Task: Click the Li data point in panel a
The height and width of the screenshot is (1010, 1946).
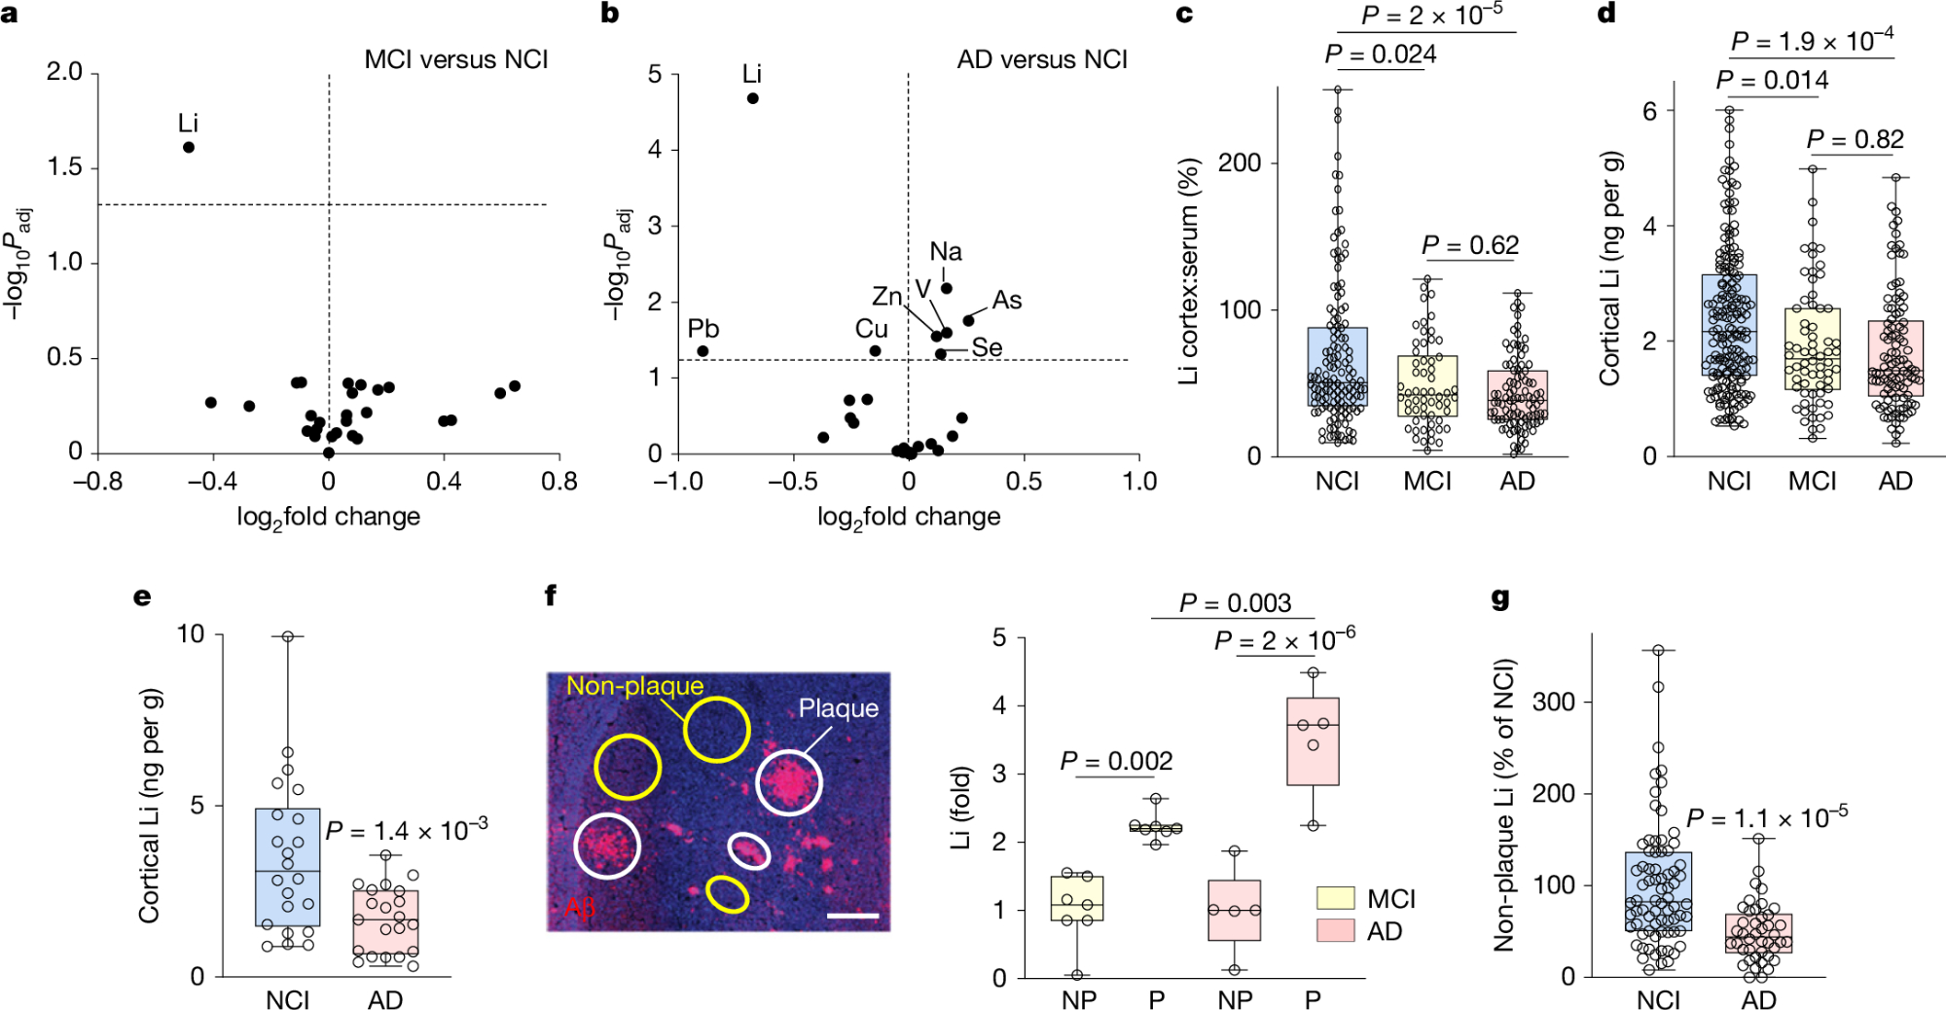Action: [189, 147]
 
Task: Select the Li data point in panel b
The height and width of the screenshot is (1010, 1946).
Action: [752, 98]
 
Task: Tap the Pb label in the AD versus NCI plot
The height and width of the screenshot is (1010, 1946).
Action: [703, 329]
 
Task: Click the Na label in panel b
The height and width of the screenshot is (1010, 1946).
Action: [945, 252]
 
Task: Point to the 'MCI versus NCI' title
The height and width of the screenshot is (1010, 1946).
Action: [455, 60]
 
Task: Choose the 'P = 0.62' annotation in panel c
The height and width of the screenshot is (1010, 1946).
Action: [1469, 245]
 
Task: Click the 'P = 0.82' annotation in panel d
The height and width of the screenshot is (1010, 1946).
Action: [1855, 140]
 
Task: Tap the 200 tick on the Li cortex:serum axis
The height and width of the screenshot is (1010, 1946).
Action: [1240, 163]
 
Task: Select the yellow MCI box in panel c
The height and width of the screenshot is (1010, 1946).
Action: [1426, 385]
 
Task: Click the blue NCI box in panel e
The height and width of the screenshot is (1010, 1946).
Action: [287, 866]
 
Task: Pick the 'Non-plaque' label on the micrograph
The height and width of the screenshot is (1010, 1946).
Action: [634, 686]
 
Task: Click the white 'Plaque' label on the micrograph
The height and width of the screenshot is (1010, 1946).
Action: [838, 708]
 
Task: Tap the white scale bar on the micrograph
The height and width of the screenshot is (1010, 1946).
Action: [853, 916]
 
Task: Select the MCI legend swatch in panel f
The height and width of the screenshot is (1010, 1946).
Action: [1335, 897]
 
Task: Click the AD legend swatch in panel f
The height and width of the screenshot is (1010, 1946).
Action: [1335, 930]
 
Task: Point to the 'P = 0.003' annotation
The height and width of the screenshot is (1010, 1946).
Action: [1235, 603]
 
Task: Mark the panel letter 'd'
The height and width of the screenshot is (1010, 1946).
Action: [1606, 14]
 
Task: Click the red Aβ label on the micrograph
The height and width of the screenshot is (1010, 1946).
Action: [580, 909]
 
